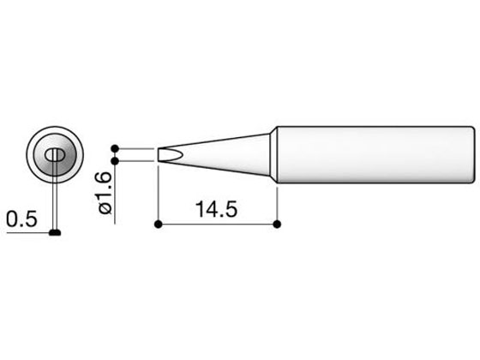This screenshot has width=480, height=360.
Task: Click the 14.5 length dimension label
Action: [216, 209]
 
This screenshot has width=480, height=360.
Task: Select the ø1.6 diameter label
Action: [105, 193]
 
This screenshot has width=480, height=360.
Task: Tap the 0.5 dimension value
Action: [21, 219]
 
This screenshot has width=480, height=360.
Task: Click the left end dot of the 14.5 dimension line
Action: [158, 225]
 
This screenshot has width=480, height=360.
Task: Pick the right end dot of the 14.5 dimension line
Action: [277, 225]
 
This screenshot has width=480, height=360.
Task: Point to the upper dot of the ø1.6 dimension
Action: [115, 149]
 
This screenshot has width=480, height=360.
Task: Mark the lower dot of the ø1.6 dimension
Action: [115, 161]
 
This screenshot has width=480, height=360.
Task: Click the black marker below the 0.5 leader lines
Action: [55, 232]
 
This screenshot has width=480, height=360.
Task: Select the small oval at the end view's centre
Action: [55, 155]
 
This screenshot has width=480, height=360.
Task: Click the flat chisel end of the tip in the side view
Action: [159, 155]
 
